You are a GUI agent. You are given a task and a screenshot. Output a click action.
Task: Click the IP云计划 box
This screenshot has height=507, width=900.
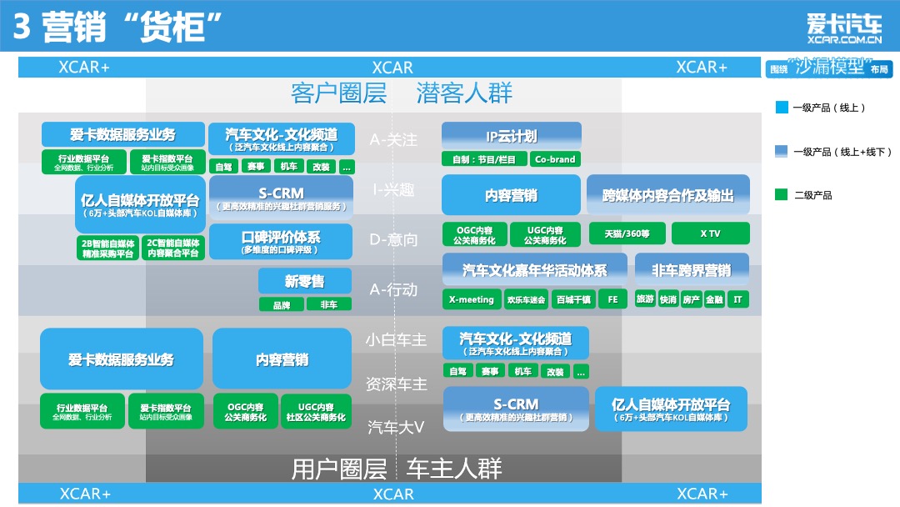(x=511, y=136)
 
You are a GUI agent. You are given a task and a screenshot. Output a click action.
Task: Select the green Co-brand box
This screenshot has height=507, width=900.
(x=555, y=158)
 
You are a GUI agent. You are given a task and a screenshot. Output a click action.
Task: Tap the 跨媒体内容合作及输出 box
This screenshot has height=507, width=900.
(x=667, y=196)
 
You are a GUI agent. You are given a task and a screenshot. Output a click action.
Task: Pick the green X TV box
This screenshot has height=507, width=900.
(x=710, y=233)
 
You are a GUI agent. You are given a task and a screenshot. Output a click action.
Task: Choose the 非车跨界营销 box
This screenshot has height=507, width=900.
(x=691, y=270)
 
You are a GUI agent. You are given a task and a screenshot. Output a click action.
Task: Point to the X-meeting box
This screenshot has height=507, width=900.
(x=471, y=299)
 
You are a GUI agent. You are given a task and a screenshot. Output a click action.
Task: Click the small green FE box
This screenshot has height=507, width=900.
(x=612, y=299)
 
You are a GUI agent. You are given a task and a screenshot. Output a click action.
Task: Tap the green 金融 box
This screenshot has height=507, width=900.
(x=713, y=299)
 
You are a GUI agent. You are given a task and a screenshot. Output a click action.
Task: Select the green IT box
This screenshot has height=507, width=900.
(x=737, y=299)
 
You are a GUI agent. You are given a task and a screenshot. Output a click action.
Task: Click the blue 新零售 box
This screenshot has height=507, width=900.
(x=304, y=282)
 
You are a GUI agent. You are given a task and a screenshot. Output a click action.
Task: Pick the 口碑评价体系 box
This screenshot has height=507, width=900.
(x=280, y=241)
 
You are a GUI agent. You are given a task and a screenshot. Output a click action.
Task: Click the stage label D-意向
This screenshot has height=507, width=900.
(x=393, y=240)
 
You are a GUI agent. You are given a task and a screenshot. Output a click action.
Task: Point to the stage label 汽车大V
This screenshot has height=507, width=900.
(x=396, y=427)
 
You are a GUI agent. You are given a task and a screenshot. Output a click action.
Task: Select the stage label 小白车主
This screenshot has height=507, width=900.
(x=396, y=340)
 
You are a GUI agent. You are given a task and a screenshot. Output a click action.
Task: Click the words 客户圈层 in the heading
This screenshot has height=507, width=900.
(x=338, y=93)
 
